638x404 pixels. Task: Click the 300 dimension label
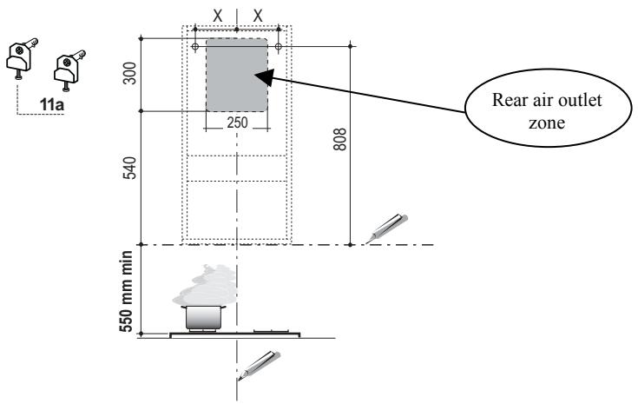coord(130,73)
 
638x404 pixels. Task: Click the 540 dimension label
coord(130,168)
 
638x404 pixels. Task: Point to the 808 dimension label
coord(339,139)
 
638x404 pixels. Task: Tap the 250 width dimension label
coord(237,123)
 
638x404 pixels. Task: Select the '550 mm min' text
coord(127,292)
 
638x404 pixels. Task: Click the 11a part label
coord(52,104)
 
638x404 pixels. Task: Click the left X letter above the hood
coord(218,17)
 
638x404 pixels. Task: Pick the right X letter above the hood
coord(258,17)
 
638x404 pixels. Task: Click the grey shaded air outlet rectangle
coord(237,75)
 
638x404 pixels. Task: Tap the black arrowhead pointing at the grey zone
coord(265,77)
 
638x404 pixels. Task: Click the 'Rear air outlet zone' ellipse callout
coord(548,108)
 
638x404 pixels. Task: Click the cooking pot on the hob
coord(203,318)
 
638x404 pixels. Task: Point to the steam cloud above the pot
coord(205,285)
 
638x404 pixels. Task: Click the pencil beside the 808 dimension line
coord(387,228)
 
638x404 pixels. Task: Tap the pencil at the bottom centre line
coord(260,365)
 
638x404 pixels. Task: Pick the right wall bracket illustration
coord(69,70)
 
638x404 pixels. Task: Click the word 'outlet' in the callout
coord(581,100)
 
